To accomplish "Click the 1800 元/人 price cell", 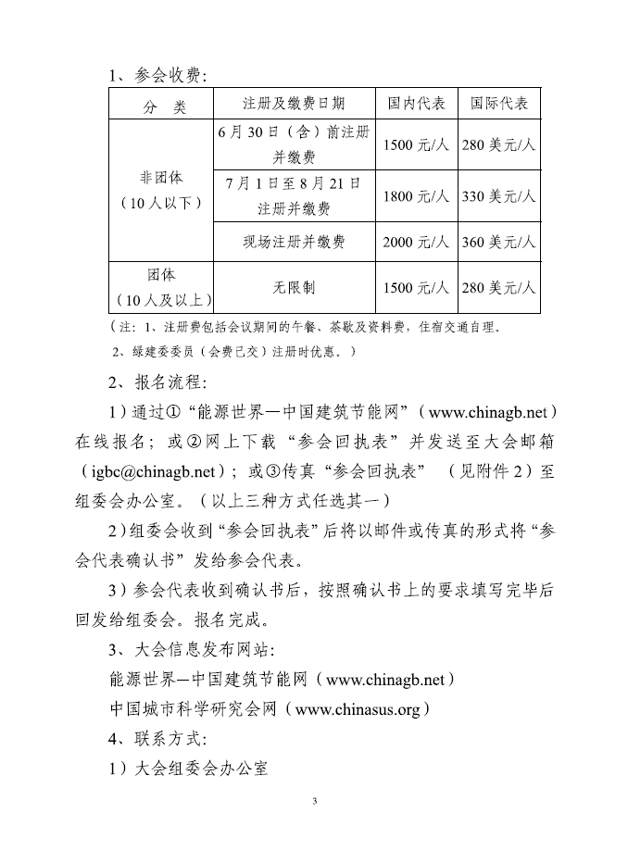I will [x=416, y=196].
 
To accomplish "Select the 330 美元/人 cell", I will [x=498, y=196].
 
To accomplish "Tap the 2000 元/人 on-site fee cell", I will [x=416, y=242].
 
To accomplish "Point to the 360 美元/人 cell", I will [x=498, y=242].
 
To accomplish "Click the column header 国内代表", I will [x=416, y=104].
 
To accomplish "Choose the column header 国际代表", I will [x=498, y=104].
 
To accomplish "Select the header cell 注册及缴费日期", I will [x=294, y=104].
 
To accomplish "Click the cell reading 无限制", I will [x=294, y=288].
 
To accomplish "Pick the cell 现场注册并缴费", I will [x=294, y=242].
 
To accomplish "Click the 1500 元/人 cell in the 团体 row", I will [x=416, y=288].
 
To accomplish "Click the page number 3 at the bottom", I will [x=314, y=801].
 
